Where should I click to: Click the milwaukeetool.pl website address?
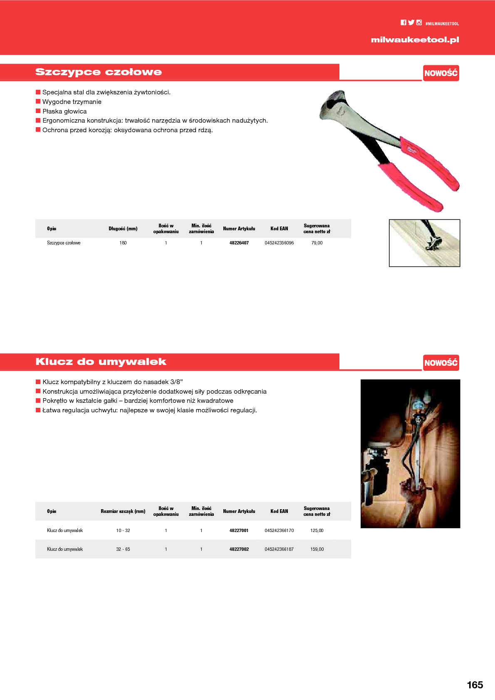415,40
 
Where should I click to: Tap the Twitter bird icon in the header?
411,23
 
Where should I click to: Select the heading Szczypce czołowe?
99,72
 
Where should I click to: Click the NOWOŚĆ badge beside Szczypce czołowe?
441,73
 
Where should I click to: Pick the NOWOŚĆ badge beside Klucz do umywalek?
441,363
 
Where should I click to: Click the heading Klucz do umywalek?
101,362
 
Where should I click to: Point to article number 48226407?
239,243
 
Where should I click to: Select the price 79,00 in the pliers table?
317,243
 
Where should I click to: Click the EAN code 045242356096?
279,243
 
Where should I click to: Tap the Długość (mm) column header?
123,229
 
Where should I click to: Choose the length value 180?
123,243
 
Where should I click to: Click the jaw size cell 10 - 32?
123,530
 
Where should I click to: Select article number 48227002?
239,549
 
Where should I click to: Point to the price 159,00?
317,549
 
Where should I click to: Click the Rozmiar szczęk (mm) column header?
123,511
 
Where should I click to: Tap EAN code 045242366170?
279,530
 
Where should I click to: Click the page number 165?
475,685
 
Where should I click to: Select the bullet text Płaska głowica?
64,111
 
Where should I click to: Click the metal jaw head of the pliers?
335,106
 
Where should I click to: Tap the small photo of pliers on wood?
424,243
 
